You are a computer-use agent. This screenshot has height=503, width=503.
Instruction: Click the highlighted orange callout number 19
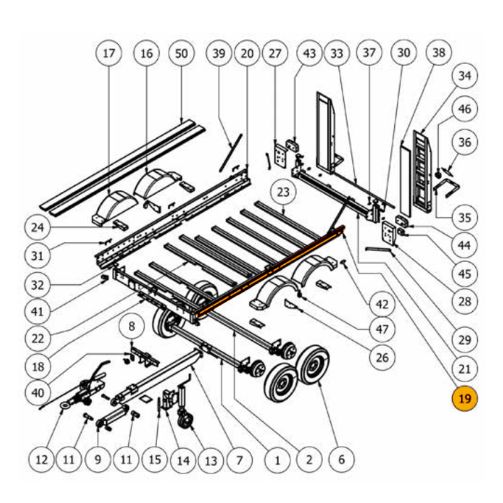pyautogui.click(x=465, y=399)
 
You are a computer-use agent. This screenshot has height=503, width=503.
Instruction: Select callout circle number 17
pyautogui.click(x=109, y=54)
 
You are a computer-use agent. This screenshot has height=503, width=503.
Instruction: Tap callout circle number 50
pyautogui.click(x=181, y=54)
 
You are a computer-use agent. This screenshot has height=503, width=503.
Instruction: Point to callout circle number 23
pyautogui.click(x=283, y=192)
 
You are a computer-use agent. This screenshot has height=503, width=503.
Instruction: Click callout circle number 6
pyautogui.click(x=341, y=460)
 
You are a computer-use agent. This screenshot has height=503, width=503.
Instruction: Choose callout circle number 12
pyautogui.click(x=41, y=460)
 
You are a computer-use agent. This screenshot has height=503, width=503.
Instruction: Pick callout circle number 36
pyautogui.click(x=465, y=142)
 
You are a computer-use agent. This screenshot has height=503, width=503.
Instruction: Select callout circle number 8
pyautogui.click(x=131, y=326)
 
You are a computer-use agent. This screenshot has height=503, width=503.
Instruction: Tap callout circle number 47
pyautogui.click(x=382, y=328)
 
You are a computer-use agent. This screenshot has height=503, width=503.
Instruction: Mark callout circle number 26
pyautogui.click(x=382, y=358)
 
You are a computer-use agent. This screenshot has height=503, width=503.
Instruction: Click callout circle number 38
pyautogui.click(x=438, y=54)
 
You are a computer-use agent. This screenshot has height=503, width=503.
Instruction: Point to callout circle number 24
pyautogui.click(x=38, y=226)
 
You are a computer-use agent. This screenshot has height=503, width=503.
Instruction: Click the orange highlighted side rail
pyautogui.click(x=270, y=270)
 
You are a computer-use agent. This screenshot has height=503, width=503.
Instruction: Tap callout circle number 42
pyautogui.click(x=382, y=304)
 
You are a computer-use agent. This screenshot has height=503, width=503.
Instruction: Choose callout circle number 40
pyautogui.click(x=38, y=392)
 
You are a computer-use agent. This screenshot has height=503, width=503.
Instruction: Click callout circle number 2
pyautogui.click(x=309, y=460)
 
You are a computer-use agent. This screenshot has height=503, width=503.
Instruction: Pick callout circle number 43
pyautogui.click(x=309, y=54)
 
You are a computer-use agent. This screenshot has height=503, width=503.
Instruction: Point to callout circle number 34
pyautogui.click(x=465, y=77)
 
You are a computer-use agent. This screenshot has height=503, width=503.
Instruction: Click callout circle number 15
pyautogui.click(x=155, y=460)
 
